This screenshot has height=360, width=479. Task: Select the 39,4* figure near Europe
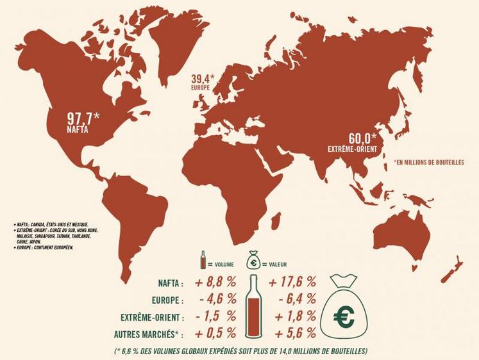(x=203, y=80)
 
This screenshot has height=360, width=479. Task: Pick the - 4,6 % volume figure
(x=217, y=300)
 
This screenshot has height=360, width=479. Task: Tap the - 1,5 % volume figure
(x=217, y=316)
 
